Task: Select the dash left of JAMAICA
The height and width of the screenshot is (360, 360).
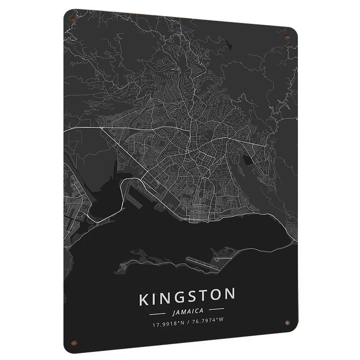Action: (157, 310)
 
